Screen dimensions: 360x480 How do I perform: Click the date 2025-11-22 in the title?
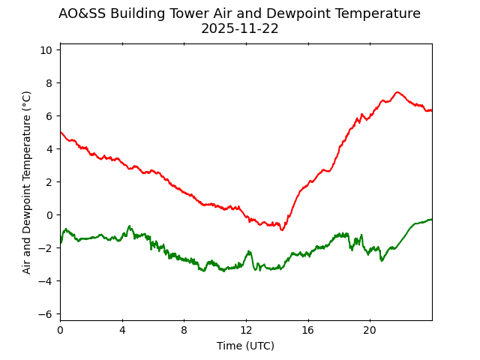239,29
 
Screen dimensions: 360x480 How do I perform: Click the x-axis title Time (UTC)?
245,346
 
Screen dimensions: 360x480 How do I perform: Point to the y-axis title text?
27,182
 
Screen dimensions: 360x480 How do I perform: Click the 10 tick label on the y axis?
46,49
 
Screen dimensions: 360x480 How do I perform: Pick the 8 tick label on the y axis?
49,82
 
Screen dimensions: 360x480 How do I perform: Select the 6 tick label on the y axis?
49,115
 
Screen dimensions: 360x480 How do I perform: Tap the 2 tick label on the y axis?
49,181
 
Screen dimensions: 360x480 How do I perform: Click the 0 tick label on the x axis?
60,330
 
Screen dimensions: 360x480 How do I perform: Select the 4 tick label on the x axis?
122,330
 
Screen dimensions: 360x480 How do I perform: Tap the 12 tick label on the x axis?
246,330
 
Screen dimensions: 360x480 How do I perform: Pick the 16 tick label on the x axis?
307,330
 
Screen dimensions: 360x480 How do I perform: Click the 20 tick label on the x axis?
370,330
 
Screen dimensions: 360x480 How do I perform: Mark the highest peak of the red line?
397,92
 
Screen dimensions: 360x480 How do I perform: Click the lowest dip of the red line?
282,229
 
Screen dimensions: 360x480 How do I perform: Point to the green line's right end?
431,219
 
